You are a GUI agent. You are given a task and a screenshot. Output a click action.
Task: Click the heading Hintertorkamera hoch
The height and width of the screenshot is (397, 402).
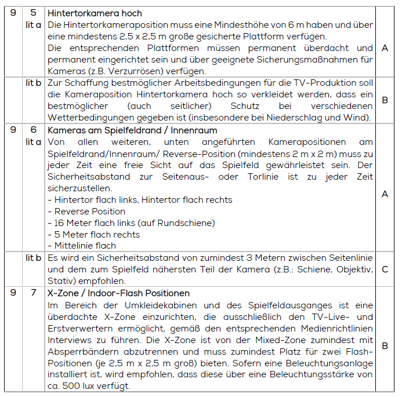(x=95, y=13)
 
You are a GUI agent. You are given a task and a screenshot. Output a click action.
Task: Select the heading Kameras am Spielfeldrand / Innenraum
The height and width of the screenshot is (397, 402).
(x=132, y=130)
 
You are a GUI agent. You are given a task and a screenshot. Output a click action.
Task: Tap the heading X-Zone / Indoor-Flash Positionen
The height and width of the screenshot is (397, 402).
(x=127, y=293)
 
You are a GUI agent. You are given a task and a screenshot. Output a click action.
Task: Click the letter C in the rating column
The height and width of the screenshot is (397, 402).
(x=385, y=269)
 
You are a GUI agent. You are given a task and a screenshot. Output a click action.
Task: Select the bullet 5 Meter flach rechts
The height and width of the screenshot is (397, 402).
(x=97, y=235)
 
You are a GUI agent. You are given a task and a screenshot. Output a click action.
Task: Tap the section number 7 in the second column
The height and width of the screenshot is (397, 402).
(x=34, y=293)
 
